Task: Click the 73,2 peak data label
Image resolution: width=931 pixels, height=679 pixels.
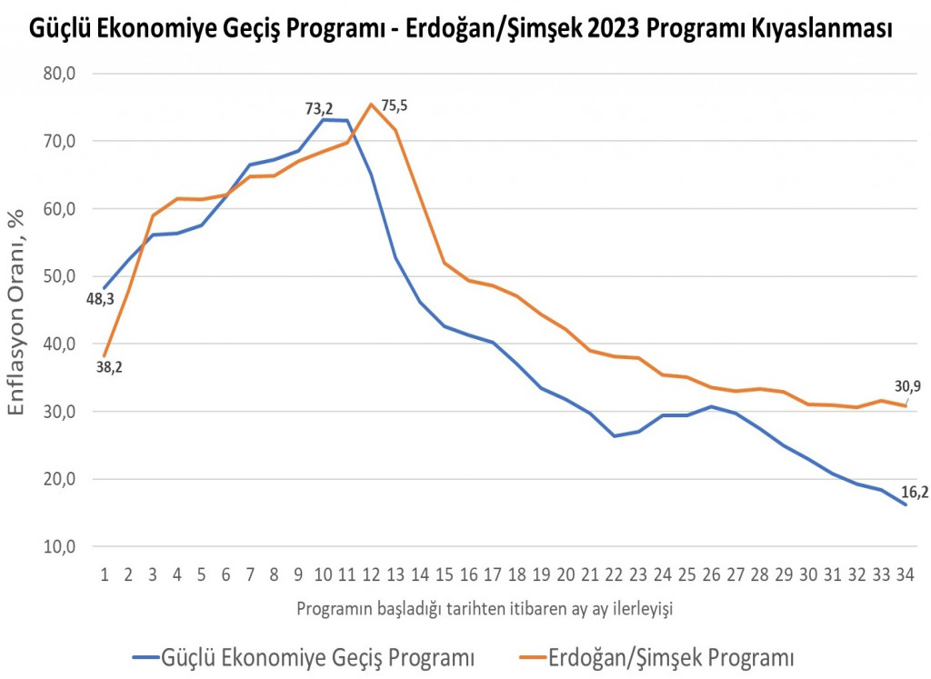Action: [x=319, y=109]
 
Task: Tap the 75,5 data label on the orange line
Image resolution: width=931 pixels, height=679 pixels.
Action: [x=395, y=106]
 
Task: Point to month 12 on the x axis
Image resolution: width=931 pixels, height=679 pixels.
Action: [x=372, y=574]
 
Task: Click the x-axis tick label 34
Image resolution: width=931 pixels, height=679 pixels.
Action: [x=906, y=574]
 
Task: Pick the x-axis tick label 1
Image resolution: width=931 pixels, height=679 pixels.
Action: [x=105, y=574]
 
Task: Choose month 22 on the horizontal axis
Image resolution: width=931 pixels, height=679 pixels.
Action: [x=615, y=574]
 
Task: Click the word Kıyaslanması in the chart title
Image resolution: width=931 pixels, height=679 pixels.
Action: [x=817, y=29]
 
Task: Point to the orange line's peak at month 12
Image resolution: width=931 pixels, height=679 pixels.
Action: [x=372, y=104]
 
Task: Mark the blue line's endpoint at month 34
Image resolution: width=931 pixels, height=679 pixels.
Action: [x=906, y=504]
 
